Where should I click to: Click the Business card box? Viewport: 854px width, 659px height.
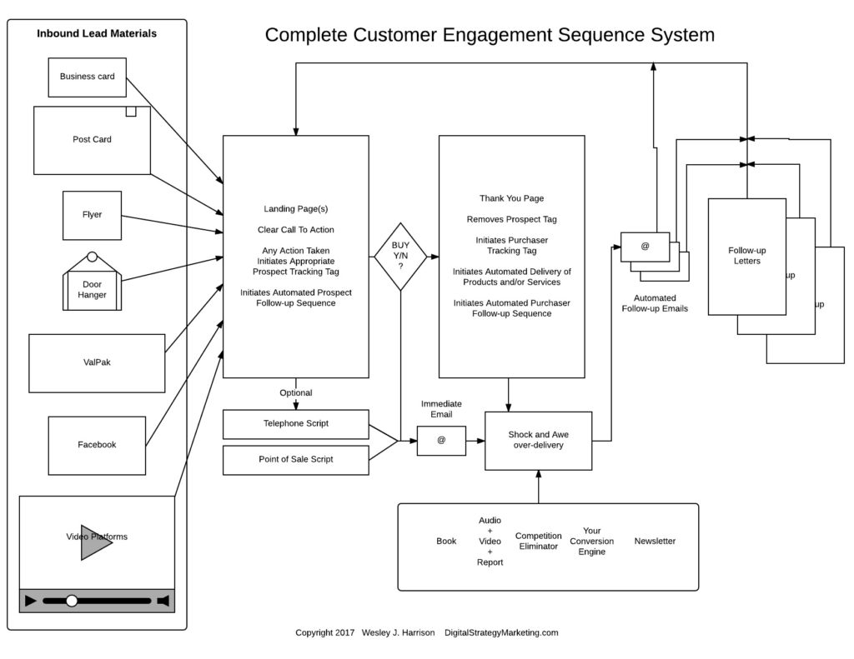(87, 77)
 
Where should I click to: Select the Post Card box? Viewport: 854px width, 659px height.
(92, 140)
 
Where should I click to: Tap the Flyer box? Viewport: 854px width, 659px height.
(92, 215)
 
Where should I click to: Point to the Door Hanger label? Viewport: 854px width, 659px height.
(92, 289)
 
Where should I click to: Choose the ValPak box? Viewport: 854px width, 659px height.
(97, 362)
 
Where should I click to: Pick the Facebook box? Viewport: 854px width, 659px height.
(97, 445)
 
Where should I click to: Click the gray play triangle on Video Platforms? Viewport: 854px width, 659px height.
(95, 542)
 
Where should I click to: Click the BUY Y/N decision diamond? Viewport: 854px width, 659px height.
(400, 256)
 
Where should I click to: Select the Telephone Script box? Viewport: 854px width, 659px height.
(295, 423)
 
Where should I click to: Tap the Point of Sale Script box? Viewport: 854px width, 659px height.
(295, 459)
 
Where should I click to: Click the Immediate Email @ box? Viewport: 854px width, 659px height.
(441, 441)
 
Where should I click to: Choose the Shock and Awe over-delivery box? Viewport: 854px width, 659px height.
(538, 440)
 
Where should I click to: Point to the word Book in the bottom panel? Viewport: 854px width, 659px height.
(446, 542)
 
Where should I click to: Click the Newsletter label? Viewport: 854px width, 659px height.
(655, 542)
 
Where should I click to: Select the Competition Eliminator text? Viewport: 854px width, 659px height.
(538, 541)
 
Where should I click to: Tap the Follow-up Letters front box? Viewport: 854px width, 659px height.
(746, 256)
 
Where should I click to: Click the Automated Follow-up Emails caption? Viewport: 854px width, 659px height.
(655, 303)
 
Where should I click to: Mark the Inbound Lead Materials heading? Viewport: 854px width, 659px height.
(97, 34)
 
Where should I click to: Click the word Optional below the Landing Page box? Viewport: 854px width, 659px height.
(295, 393)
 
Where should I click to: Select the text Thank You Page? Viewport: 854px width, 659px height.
(511, 198)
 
